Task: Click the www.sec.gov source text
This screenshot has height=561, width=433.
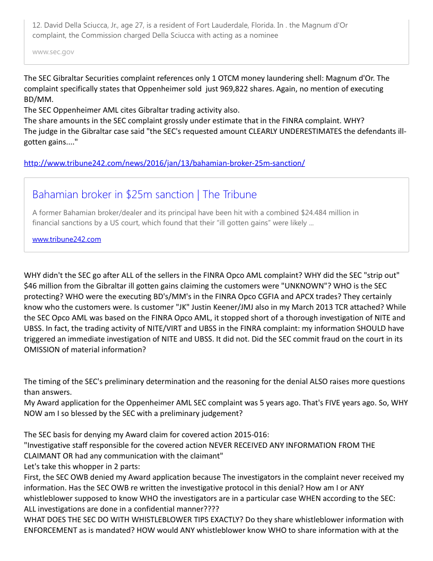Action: [x=53, y=52]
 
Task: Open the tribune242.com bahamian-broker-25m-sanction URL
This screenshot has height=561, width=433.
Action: [x=164, y=163]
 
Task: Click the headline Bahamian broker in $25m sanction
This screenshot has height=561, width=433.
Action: [x=144, y=194]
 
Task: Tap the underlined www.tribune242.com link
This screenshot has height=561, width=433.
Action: [x=66, y=239]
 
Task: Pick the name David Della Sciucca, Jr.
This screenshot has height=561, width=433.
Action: [x=86, y=25]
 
